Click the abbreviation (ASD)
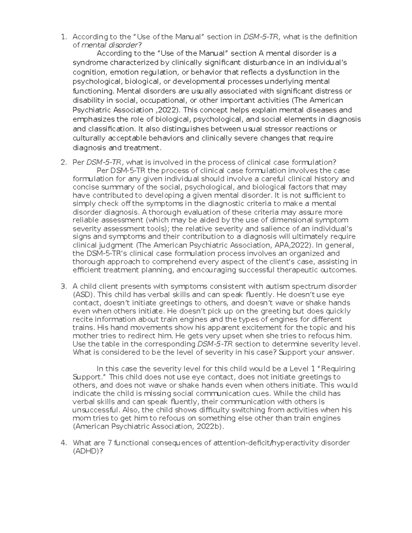pos(83,294)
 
